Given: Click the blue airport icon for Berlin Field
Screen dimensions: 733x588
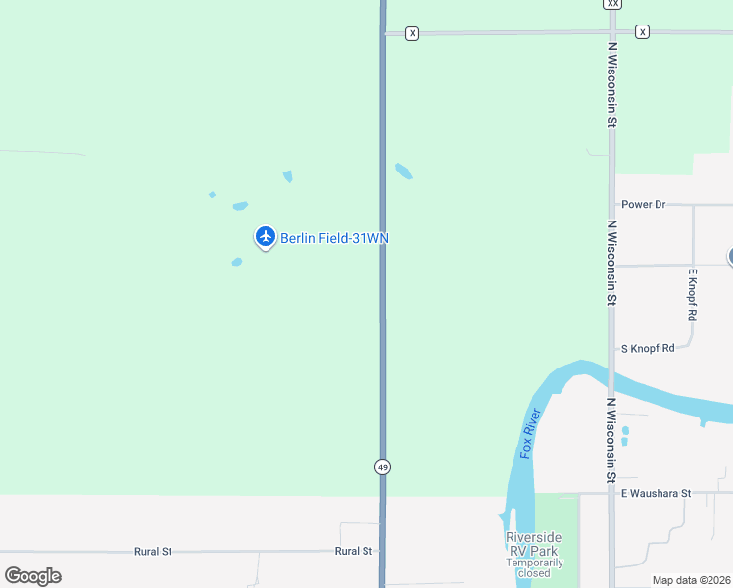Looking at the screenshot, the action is click(265, 236).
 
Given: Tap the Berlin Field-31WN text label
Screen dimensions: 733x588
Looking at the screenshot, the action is click(334, 238).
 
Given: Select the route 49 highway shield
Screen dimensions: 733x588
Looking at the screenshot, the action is click(382, 467).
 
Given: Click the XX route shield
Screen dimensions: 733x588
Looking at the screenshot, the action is click(612, 4).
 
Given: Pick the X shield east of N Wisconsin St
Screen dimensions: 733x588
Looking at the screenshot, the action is click(642, 32).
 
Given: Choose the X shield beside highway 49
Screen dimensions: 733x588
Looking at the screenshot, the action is click(412, 33).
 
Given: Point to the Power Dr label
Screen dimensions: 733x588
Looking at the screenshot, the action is click(644, 204).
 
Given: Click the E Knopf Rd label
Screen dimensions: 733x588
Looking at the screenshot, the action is click(692, 295).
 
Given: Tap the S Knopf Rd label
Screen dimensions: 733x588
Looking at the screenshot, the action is click(648, 348).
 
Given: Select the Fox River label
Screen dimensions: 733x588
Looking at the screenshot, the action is click(531, 433).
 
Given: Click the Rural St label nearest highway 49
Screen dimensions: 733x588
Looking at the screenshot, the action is click(353, 551).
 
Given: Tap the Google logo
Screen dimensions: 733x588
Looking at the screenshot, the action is click(32, 576).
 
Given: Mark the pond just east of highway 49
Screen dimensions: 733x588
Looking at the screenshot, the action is click(403, 171).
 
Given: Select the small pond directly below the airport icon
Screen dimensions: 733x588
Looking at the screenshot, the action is click(236, 262).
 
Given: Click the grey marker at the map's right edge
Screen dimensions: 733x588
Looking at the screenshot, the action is click(730, 257).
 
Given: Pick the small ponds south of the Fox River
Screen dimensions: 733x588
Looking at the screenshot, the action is click(624, 435).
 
